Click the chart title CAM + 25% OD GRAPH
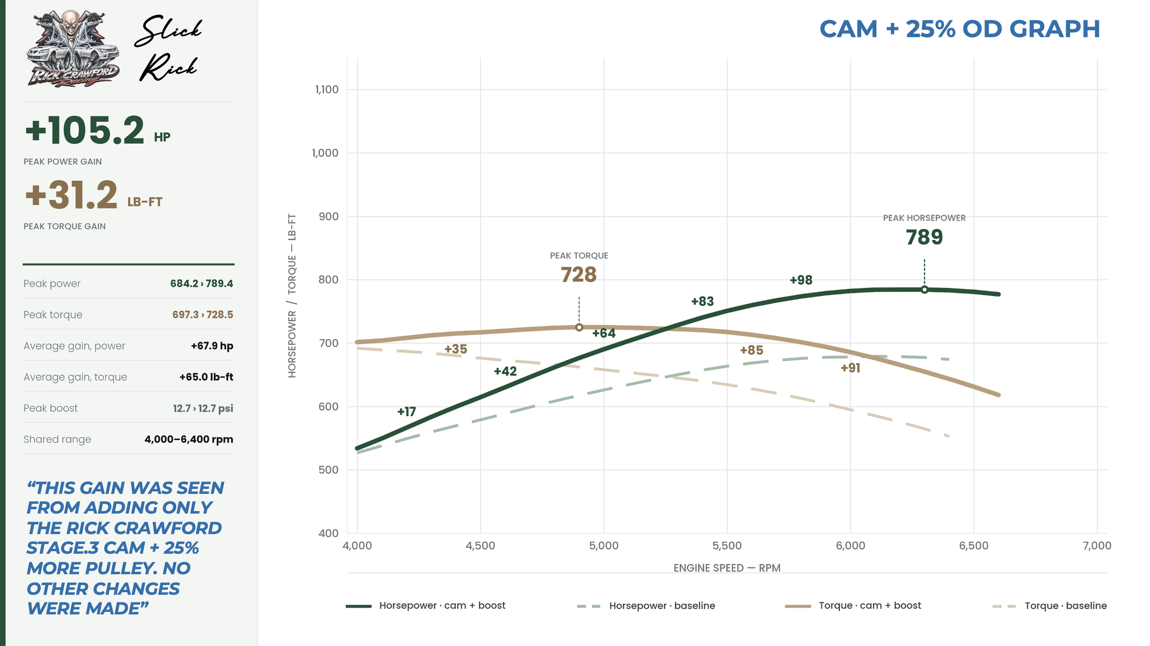(x=960, y=29)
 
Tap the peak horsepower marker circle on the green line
(x=925, y=290)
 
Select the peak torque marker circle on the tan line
(x=579, y=327)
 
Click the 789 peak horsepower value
(x=924, y=237)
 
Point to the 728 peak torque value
(x=579, y=274)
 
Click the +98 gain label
(x=801, y=280)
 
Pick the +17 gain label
(x=407, y=412)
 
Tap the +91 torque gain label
(x=850, y=368)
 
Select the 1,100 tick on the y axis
(x=327, y=89)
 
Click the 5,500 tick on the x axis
(x=727, y=546)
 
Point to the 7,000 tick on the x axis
(x=1097, y=546)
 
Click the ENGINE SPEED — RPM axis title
(x=727, y=568)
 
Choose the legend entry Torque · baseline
(x=1050, y=606)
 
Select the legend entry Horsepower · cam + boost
(x=425, y=606)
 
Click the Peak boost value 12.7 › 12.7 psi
(x=203, y=408)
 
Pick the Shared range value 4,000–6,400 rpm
(x=189, y=439)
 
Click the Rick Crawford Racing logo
(x=73, y=48)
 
